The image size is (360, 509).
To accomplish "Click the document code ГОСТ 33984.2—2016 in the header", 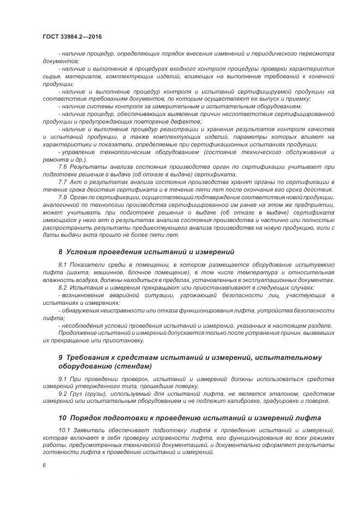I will pyautogui.click(x=72, y=36).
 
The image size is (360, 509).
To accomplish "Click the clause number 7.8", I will pyautogui.click(x=63, y=197).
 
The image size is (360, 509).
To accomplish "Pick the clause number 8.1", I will pyautogui.click(x=63, y=264).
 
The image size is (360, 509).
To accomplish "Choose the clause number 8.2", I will pyautogui.click(x=63, y=287).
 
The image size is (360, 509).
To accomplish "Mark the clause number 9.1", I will pyautogui.click(x=63, y=378).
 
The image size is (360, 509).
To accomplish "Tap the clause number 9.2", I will pyautogui.click(x=63, y=393).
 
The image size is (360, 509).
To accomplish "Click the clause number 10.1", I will pyautogui.click(x=64, y=431).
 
